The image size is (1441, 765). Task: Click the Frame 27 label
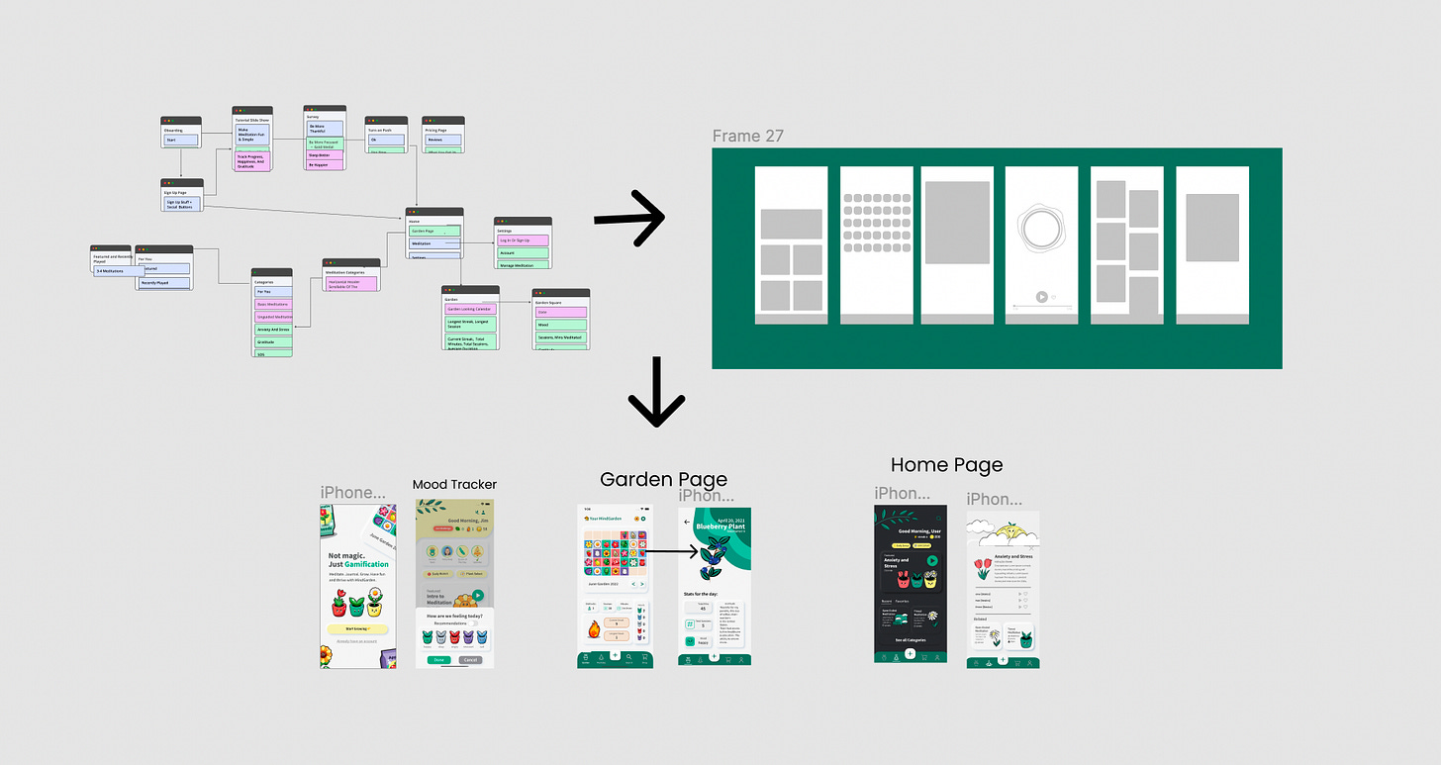[x=747, y=137]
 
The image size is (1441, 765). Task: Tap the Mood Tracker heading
[x=454, y=485]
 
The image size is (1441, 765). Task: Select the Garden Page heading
[x=663, y=480]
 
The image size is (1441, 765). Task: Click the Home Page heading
[x=946, y=465]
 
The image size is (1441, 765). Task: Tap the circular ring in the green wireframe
[x=1041, y=230]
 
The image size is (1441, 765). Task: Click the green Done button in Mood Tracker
[x=439, y=659]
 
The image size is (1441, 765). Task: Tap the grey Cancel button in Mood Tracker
[x=471, y=659]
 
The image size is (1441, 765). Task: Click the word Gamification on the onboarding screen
[x=366, y=564]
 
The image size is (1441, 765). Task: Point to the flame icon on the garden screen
[x=595, y=628]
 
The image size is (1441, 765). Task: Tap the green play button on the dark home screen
[x=931, y=560]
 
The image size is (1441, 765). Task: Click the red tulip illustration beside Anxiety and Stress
[x=983, y=568]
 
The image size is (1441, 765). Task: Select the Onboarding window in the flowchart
[x=181, y=134]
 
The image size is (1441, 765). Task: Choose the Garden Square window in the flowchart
[x=560, y=317]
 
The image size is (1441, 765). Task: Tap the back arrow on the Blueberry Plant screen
[x=688, y=522]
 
